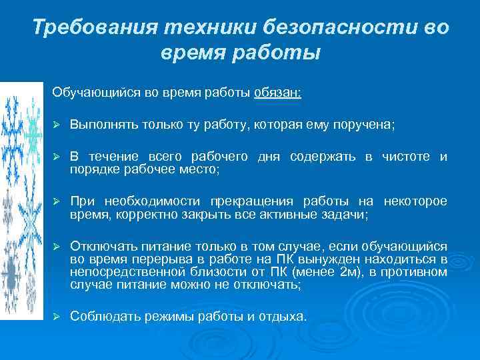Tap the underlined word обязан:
click(277, 93)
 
